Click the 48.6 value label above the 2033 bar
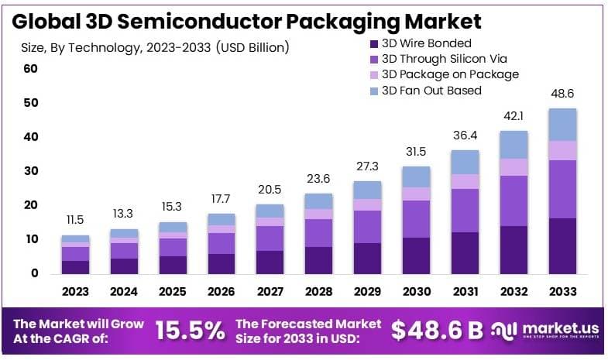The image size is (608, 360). point(562,93)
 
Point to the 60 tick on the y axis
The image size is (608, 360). point(30,69)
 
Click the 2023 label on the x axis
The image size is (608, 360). point(75,292)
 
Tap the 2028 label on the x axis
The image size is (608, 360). point(318,292)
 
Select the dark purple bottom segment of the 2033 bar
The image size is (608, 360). point(562,245)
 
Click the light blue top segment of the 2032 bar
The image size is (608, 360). point(514,145)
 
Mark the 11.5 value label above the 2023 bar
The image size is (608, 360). point(75,220)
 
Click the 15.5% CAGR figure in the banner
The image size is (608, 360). point(191,331)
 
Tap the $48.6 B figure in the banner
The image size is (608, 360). point(437,331)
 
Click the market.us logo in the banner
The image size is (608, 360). point(545,331)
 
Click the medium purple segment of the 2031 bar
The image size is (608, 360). point(465,211)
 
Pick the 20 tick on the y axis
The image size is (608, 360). point(30,205)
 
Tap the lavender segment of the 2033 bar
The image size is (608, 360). point(562,151)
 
